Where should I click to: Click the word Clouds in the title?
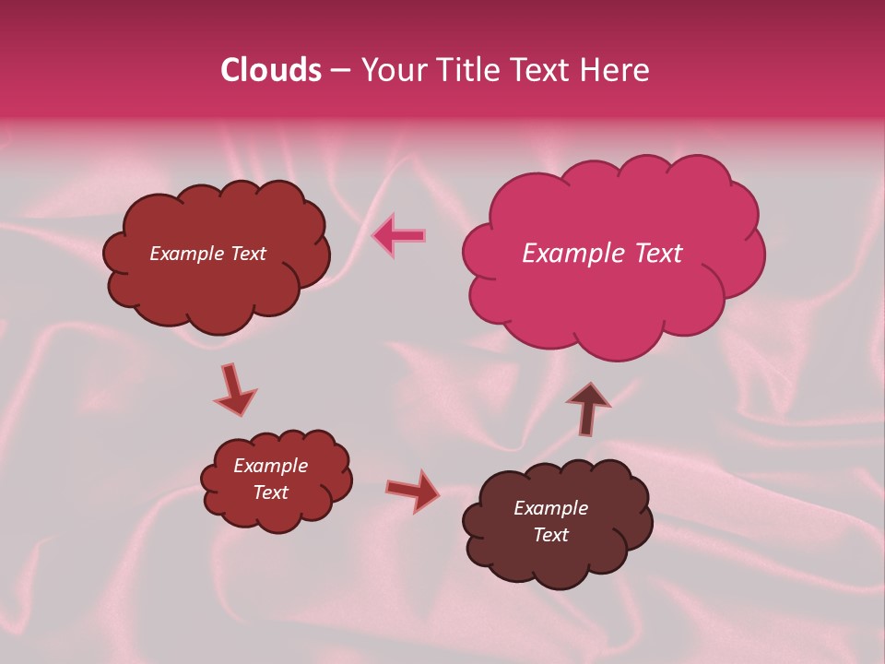[x=270, y=70]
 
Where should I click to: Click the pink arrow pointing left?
[x=398, y=235]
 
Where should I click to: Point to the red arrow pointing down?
[x=234, y=389]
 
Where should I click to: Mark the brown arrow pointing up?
[x=587, y=408]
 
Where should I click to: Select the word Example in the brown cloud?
[x=550, y=508]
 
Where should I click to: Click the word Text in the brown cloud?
[x=550, y=535]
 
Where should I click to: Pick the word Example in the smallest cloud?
[x=270, y=466]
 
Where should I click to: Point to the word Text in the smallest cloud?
[x=270, y=492]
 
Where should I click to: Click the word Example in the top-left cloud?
[x=186, y=254]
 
